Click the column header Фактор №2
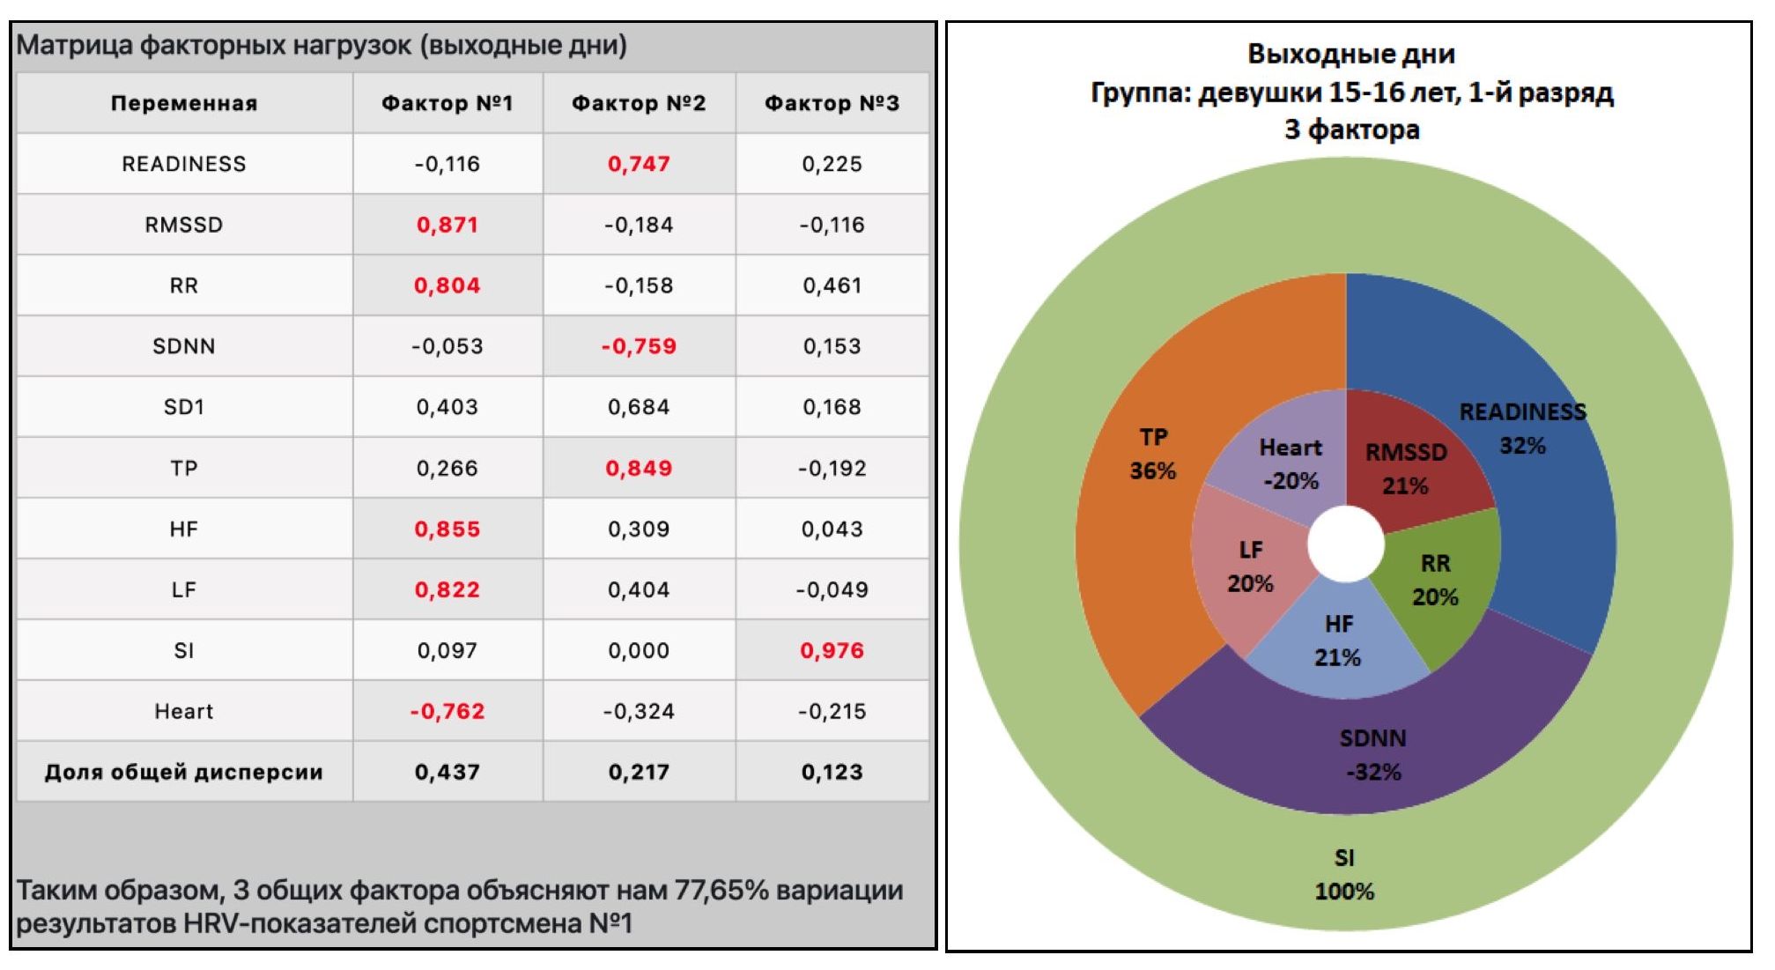[x=639, y=103]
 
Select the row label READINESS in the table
[x=184, y=164]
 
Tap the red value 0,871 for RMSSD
[x=447, y=225]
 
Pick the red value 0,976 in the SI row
[x=832, y=650]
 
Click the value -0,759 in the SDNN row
[x=639, y=346]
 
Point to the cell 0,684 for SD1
[x=639, y=407]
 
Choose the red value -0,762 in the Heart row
[x=447, y=711]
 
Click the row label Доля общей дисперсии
[x=184, y=772]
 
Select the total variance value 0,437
[x=447, y=772]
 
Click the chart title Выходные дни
[x=1350, y=54]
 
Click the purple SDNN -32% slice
[x=1372, y=754]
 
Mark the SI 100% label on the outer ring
[x=1344, y=874]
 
